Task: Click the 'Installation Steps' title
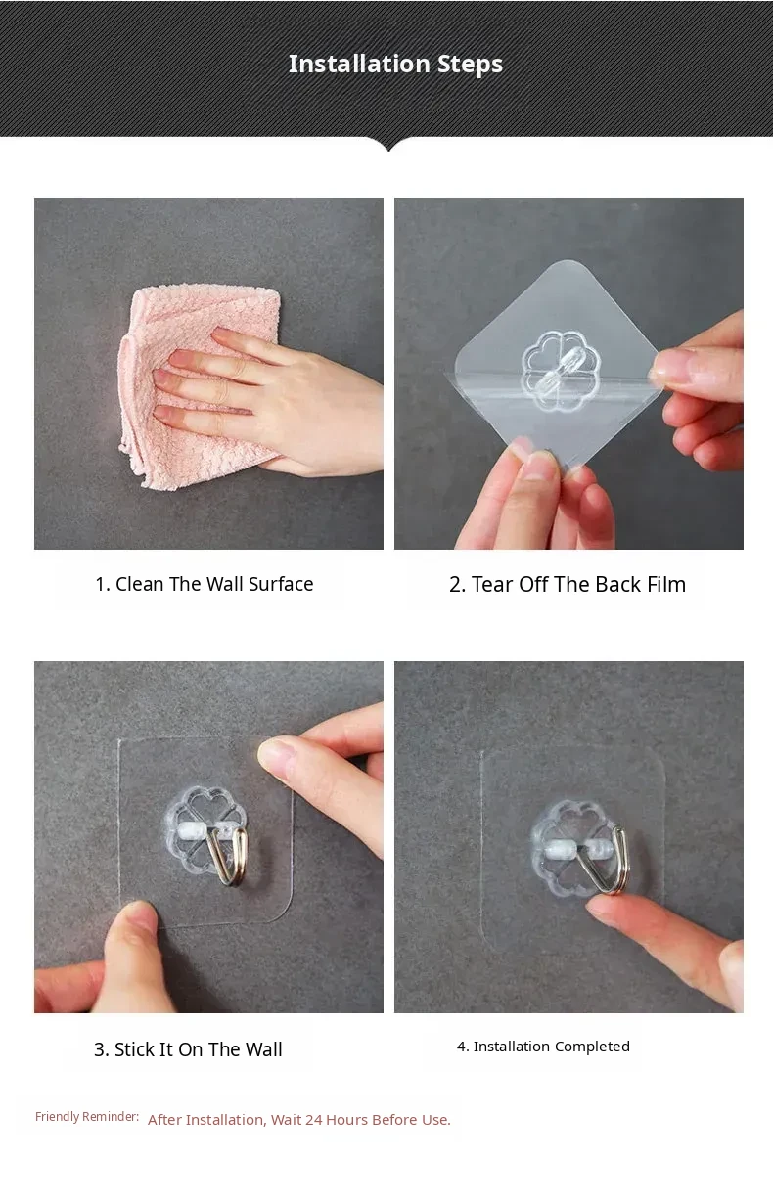(x=395, y=64)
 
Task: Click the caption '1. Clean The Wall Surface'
(x=205, y=584)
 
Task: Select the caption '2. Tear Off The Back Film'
(x=568, y=584)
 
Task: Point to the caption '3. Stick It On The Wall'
(x=188, y=1048)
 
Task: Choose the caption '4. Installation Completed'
(x=543, y=1047)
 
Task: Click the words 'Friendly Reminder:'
(x=87, y=1117)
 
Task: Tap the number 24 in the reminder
(x=314, y=1120)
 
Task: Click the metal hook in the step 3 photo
(x=228, y=857)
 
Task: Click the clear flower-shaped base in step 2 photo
(x=560, y=371)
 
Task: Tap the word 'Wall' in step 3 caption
(x=263, y=1048)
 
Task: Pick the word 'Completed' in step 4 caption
(x=592, y=1047)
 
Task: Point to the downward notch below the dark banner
(x=388, y=145)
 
